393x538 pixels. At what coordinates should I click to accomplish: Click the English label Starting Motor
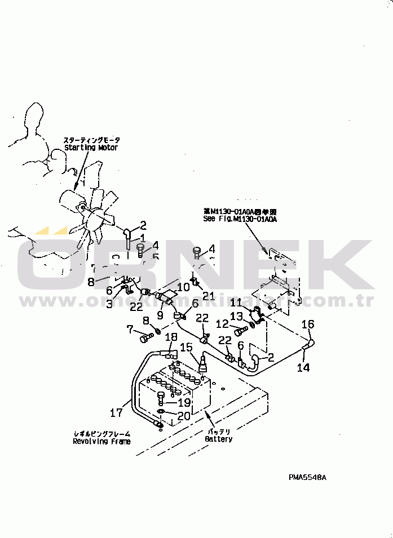(91, 148)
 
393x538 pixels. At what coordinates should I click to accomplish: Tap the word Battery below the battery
(218, 439)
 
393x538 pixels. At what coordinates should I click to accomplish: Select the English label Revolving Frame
(101, 442)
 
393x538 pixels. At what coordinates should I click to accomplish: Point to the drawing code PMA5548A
(308, 477)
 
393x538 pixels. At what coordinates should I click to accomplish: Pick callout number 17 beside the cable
(116, 413)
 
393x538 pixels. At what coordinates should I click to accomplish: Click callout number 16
(308, 324)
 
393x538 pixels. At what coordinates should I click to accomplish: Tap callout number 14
(303, 367)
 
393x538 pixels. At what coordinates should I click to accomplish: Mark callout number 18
(171, 337)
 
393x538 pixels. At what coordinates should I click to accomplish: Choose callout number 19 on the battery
(184, 403)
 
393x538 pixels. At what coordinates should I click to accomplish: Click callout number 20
(184, 416)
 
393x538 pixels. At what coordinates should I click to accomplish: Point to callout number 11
(235, 303)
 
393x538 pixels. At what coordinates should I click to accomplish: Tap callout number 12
(221, 324)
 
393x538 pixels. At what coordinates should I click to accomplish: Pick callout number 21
(209, 296)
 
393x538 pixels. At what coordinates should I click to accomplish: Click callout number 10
(183, 287)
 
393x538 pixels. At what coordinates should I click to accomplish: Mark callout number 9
(160, 315)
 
